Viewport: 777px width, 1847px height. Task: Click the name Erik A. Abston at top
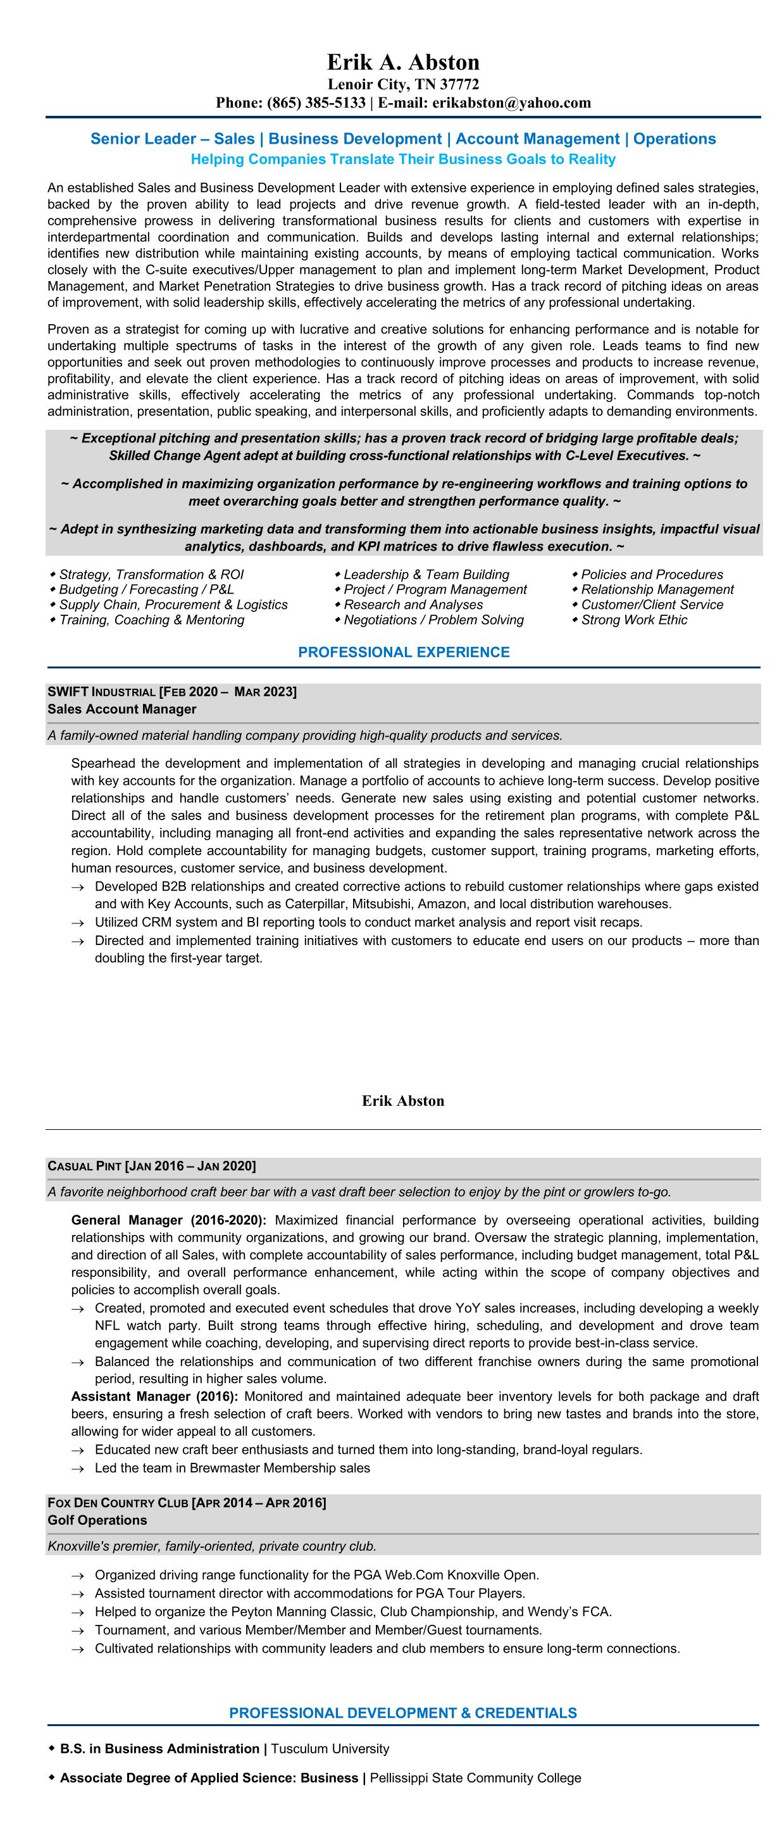(403, 63)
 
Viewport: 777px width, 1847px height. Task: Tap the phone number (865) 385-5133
(316, 103)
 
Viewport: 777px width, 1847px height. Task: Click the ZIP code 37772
(459, 85)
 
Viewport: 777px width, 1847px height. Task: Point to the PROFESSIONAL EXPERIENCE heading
(404, 653)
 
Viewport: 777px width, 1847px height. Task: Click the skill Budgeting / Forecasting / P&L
(146, 589)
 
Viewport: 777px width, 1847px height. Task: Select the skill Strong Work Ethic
(633, 620)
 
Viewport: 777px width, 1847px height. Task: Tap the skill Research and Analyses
(413, 604)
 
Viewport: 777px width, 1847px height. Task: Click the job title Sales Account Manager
(122, 709)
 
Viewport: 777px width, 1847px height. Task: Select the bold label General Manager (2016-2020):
(168, 1220)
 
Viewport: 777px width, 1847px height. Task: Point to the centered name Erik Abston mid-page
(403, 1101)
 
